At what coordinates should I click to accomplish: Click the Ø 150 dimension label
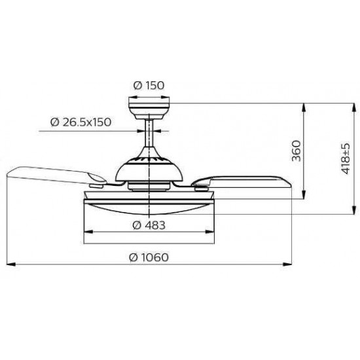(x=149, y=85)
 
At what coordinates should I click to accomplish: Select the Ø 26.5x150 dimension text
(x=81, y=122)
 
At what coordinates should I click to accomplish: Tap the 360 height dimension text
(x=296, y=151)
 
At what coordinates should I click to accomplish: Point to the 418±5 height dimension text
(x=345, y=158)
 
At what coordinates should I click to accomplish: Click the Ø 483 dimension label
(x=149, y=225)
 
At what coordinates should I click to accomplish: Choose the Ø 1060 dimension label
(x=149, y=257)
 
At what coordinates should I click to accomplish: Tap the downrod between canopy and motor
(x=149, y=133)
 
